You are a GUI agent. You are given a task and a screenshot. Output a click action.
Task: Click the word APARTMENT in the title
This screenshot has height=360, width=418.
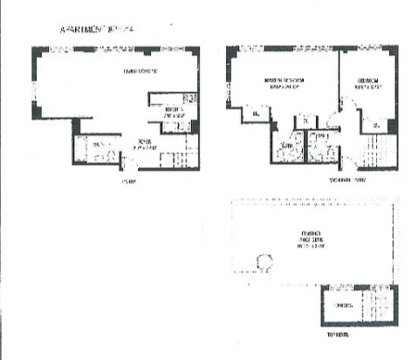point(82,29)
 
